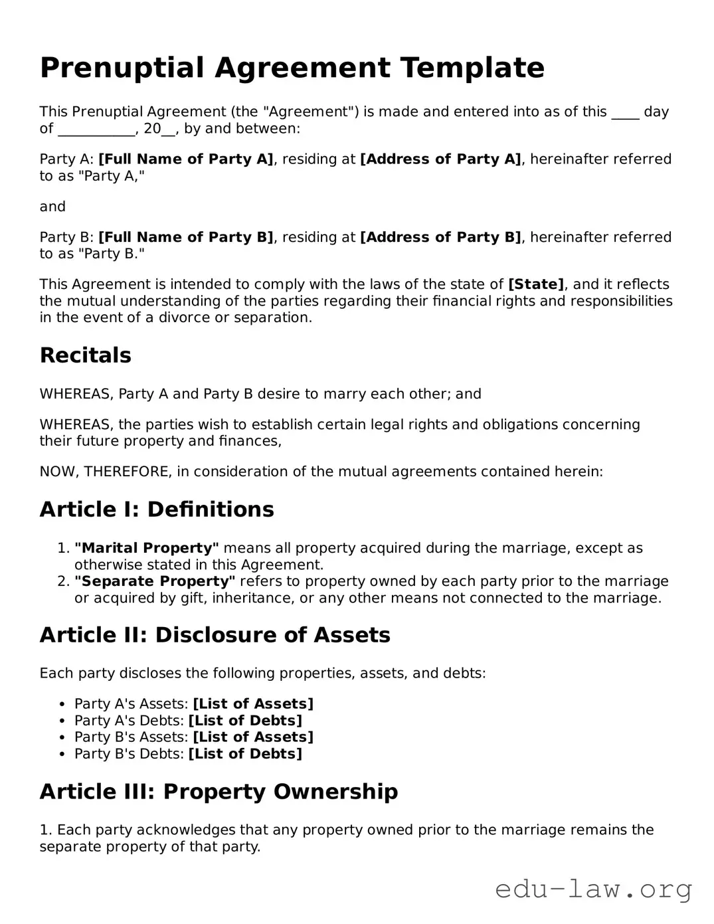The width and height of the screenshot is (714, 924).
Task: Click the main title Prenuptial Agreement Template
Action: click(292, 68)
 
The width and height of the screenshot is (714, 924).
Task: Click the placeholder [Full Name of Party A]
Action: click(186, 159)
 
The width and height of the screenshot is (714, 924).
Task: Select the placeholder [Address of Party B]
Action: click(440, 237)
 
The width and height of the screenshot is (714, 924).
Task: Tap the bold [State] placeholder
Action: click(536, 284)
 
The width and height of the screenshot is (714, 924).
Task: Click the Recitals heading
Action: click(86, 355)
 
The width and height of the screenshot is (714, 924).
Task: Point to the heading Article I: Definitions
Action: click(157, 509)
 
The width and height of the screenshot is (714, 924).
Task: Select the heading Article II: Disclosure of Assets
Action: click(215, 635)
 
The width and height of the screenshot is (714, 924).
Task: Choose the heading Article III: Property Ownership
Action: click(219, 792)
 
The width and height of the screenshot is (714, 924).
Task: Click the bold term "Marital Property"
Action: click(147, 548)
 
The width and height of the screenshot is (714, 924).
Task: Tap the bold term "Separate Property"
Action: click(155, 581)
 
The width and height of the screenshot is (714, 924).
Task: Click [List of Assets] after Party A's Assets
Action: click(253, 704)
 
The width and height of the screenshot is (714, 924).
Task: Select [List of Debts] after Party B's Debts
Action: click(245, 754)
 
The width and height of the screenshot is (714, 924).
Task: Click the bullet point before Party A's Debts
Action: click(62, 721)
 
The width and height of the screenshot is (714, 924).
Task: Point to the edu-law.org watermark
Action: click(593, 889)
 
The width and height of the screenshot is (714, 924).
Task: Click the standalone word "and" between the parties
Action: click(52, 207)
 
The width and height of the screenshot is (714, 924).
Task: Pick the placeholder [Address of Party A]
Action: click(440, 159)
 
